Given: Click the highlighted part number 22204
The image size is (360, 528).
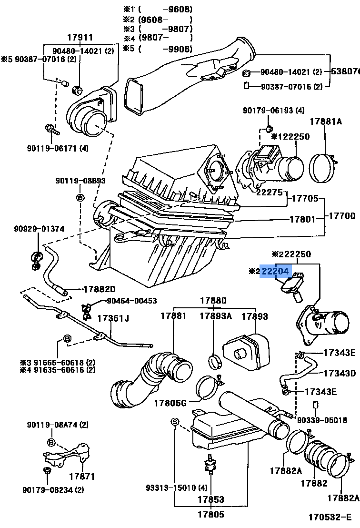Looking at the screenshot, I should point(275,271).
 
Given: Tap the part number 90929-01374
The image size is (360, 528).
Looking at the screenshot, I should point(39,229).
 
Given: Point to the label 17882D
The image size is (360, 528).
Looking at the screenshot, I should point(99,289).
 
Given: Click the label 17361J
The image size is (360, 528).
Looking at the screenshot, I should point(113,318).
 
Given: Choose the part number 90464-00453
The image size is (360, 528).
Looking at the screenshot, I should point(131,301).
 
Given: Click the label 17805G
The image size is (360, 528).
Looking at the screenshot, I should point(170,403).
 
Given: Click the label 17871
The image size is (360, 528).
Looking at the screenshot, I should point(82,476).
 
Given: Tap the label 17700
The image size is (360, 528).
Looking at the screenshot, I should point(341,216).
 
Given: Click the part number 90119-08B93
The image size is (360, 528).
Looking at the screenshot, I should point(80,181).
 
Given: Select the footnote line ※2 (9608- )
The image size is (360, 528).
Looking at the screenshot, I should point(157,20).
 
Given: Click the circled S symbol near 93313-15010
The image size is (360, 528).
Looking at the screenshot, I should point(174,422).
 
